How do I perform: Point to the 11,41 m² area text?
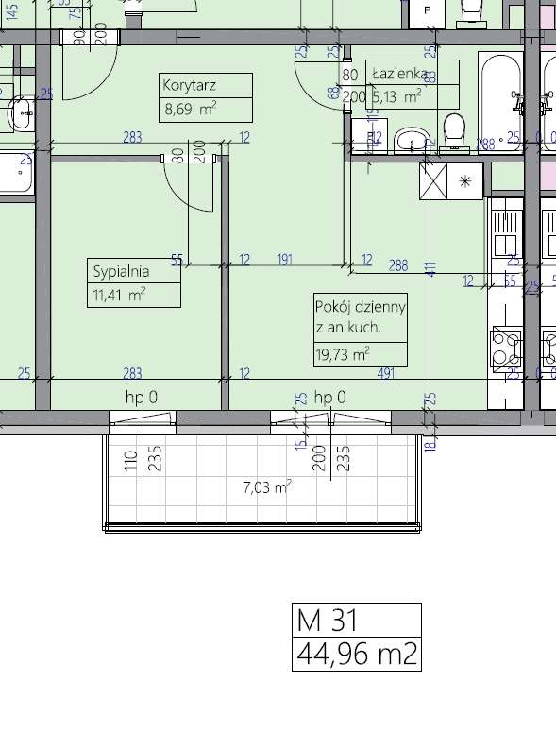tap(119, 295)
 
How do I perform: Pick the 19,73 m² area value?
tap(342, 354)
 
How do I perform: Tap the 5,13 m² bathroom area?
tap(397, 96)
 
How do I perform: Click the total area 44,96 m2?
tap(356, 654)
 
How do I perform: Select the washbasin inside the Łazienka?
tap(411, 141)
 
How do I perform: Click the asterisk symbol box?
tap(466, 180)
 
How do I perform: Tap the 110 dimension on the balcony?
tap(131, 460)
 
